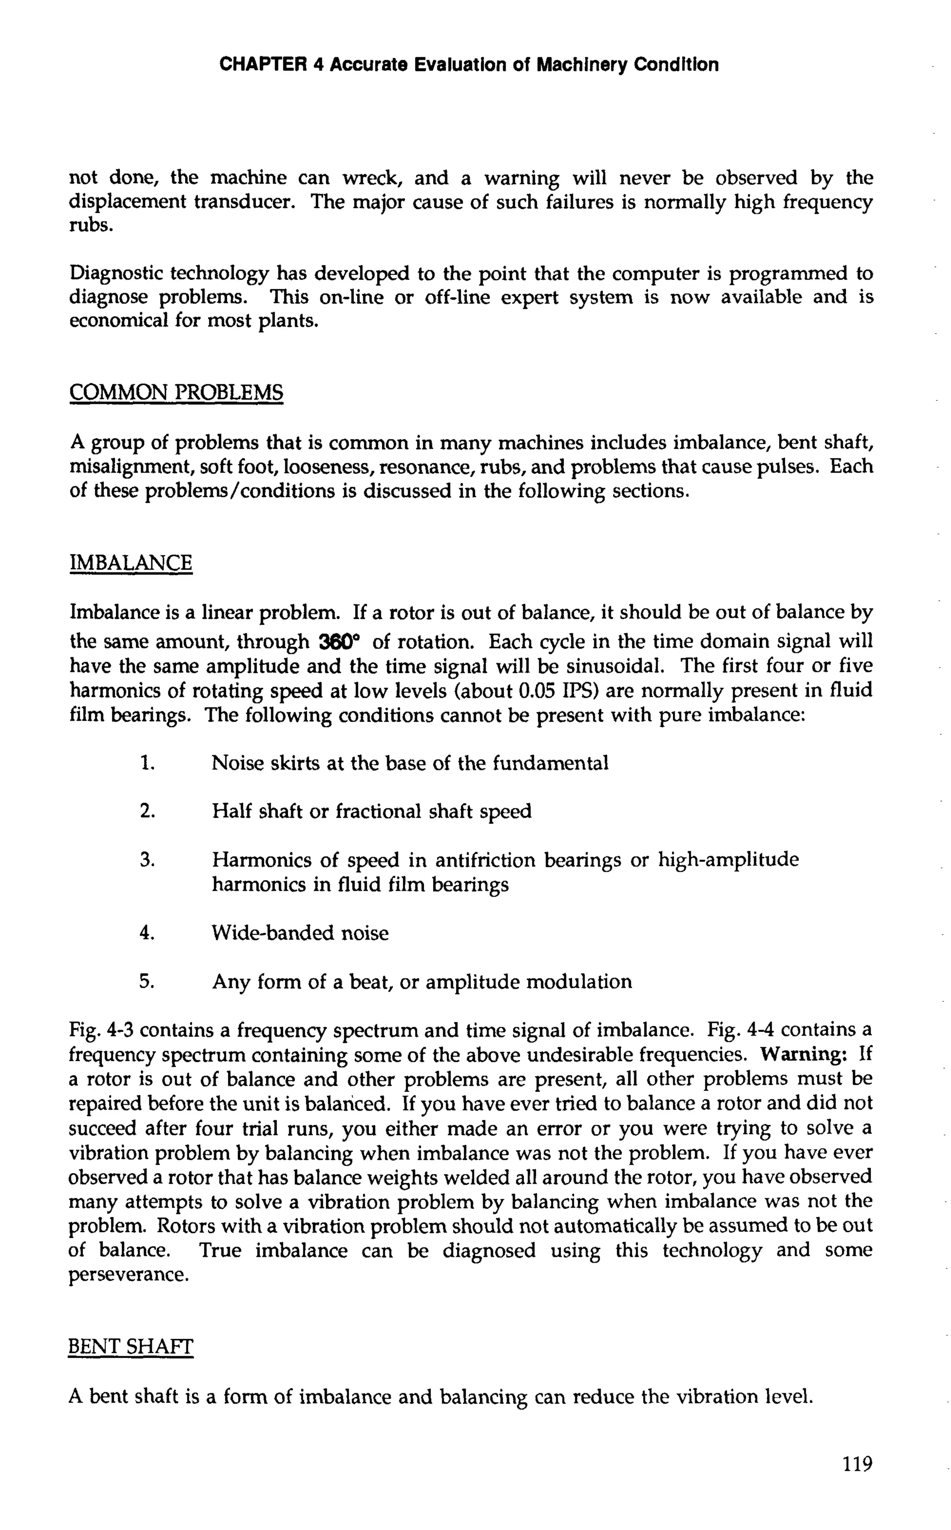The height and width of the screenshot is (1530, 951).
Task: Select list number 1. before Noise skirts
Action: coord(147,763)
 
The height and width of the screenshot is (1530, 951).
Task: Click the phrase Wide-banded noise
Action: coord(300,932)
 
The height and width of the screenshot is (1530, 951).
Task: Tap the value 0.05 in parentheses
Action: coord(534,691)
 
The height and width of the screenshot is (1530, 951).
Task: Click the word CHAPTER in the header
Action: coord(262,65)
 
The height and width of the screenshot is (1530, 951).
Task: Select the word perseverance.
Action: coord(128,1275)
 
